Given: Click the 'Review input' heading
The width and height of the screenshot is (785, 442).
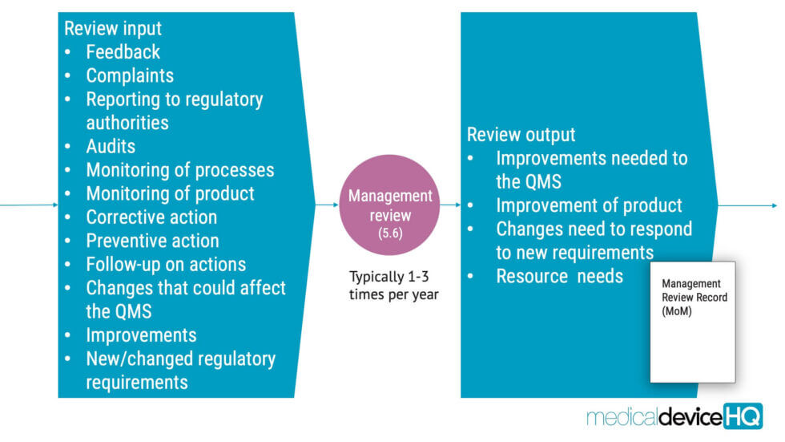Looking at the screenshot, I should [112, 28].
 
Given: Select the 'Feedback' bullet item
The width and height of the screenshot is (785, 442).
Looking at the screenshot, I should [123, 52].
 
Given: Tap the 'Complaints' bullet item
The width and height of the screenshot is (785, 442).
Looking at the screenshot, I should [130, 75].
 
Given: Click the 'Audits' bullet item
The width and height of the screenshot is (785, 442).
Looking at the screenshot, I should [111, 147].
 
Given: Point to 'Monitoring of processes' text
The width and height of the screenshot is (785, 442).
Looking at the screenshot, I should [179, 170].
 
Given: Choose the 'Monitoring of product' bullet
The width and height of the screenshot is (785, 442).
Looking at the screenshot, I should [170, 193].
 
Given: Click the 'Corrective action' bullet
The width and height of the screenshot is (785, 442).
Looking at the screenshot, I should [151, 217].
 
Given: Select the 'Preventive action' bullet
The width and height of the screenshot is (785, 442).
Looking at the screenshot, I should [152, 241].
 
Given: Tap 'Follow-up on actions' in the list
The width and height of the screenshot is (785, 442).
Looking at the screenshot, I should [165, 264].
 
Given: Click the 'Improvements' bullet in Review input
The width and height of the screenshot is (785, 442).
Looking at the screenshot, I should [141, 335].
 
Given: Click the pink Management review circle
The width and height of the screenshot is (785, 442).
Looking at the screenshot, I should [390, 205].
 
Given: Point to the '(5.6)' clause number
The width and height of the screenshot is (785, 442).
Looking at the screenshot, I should [390, 233].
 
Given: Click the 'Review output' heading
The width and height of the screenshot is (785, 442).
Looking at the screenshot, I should [521, 134].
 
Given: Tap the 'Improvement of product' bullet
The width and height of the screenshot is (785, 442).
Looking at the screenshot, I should [589, 205].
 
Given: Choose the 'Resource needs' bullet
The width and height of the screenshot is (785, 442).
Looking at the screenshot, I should [559, 276].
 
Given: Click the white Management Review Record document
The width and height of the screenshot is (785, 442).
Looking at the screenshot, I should [692, 337].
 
